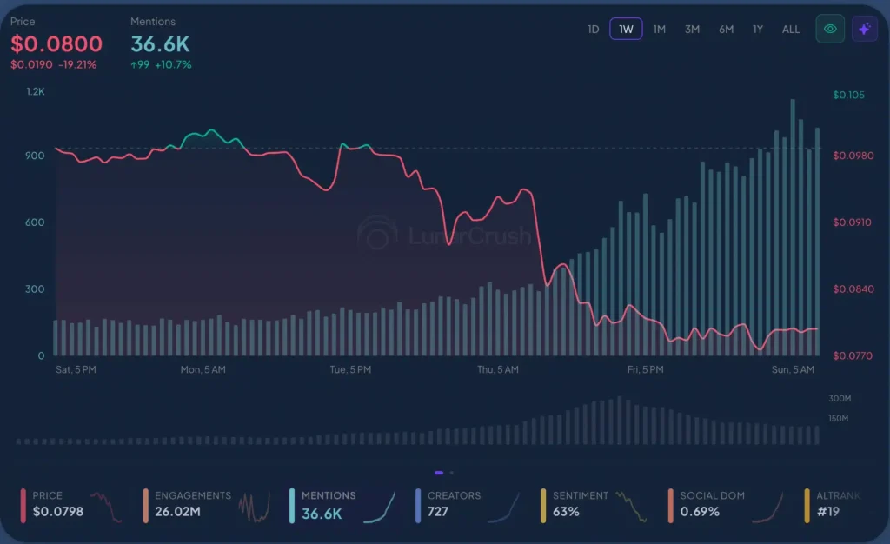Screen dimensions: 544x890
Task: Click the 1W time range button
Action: tap(626, 29)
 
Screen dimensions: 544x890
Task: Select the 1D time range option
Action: tap(594, 29)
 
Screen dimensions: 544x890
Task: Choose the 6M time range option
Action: tap(726, 29)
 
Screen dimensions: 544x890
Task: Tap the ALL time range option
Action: tap(791, 29)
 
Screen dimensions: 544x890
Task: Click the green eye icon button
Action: tap(830, 29)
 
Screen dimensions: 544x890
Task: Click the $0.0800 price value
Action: tap(56, 43)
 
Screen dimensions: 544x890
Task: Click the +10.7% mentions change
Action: tap(173, 64)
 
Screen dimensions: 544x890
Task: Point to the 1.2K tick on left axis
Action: tap(35, 91)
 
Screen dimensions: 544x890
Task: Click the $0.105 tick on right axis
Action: tap(848, 95)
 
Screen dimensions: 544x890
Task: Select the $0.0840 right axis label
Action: tap(852, 289)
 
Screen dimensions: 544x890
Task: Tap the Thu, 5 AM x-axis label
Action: tap(497, 369)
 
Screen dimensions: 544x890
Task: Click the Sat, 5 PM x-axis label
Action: tap(76, 369)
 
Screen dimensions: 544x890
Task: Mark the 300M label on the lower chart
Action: tap(839, 398)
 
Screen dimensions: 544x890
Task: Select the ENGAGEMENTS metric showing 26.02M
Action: tap(192, 504)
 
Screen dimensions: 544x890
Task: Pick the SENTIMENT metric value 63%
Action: tap(566, 512)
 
